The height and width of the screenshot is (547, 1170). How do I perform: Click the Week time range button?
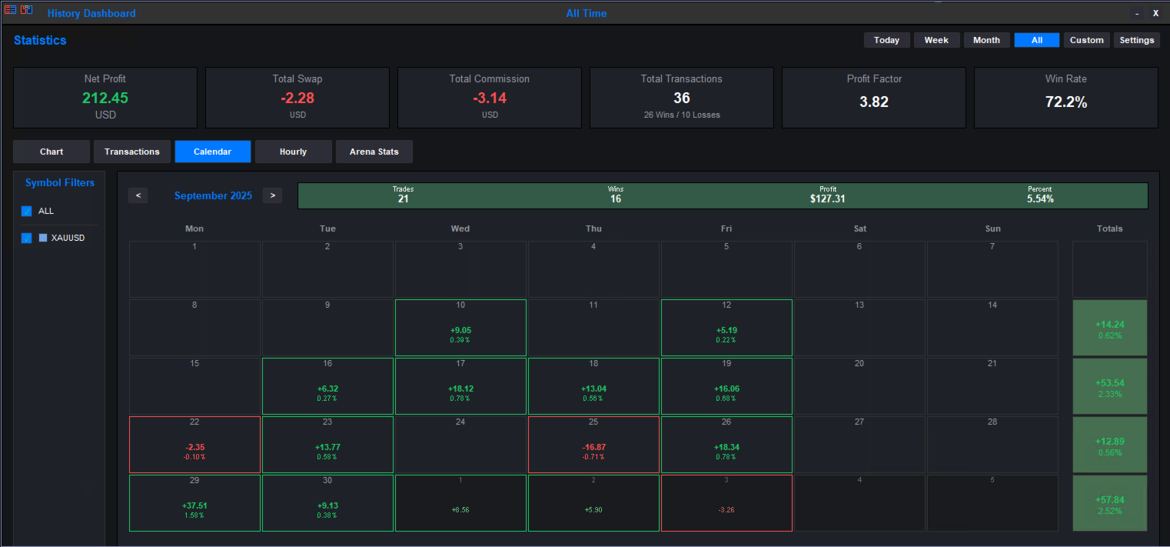click(x=936, y=40)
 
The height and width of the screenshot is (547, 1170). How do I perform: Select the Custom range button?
click(x=1086, y=40)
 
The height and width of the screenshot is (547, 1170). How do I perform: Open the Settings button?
click(x=1136, y=40)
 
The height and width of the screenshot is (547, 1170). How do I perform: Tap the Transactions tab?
click(x=132, y=152)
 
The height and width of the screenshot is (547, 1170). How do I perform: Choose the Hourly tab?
click(x=293, y=152)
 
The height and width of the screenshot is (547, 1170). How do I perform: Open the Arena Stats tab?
click(x=374, y=152)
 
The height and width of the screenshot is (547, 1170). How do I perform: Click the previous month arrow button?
click(x=138, y=195)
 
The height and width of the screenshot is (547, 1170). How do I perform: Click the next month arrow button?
click(x=272, y=195)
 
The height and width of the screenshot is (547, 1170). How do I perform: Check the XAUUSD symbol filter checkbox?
click(x=27, y=238)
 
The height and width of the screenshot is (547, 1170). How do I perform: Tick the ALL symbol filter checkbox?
click(x=27, y=212)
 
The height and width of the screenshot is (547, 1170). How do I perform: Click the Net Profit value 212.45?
click(x=105, y=98)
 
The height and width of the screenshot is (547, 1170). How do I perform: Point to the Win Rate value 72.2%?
click(x=1065, y=102)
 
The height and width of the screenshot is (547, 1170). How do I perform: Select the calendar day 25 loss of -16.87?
click(x=593, y=447)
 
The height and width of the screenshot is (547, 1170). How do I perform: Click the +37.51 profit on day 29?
click(x=194, y=505)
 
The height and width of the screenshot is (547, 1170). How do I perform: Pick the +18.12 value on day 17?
click(x=460, y=389)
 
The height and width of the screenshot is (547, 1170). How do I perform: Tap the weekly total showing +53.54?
click(x=1109, y=382)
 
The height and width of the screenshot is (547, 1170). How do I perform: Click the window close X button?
click(x=1155, y=13)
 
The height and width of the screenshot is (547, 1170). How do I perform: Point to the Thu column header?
click(x=593, y=228)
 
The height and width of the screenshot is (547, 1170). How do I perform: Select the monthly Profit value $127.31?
click(x=827, y=199)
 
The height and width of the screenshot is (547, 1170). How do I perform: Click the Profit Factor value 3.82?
click(x=873, y=102)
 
